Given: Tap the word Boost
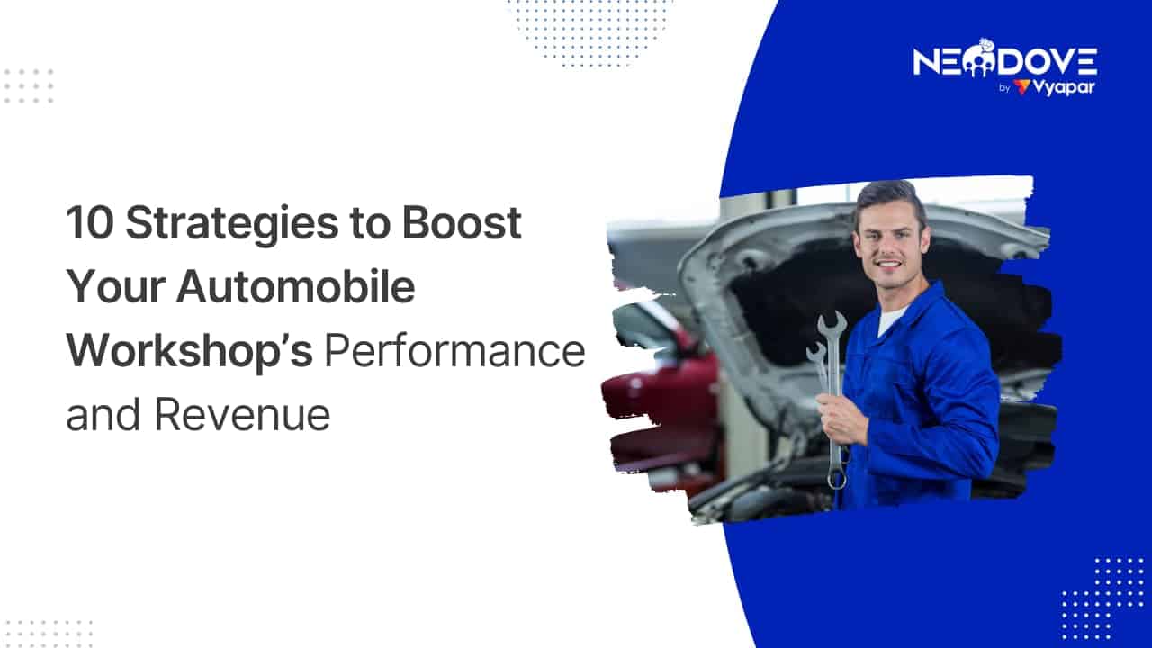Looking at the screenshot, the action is (x=462, y=222).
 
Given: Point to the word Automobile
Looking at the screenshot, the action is (x=296, y=286).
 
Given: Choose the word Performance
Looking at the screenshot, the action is (x=454, y=351).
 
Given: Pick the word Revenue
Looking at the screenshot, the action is (x=242, y=416).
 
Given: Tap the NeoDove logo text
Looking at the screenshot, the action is (x=1005, y=61).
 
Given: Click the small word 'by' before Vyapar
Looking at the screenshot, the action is (x=1003, y=88).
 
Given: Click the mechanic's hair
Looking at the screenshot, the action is (x=888, y=199).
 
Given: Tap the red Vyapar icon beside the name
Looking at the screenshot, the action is (x=1021, y=87).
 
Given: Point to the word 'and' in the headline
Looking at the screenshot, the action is (x=103, y=415).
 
